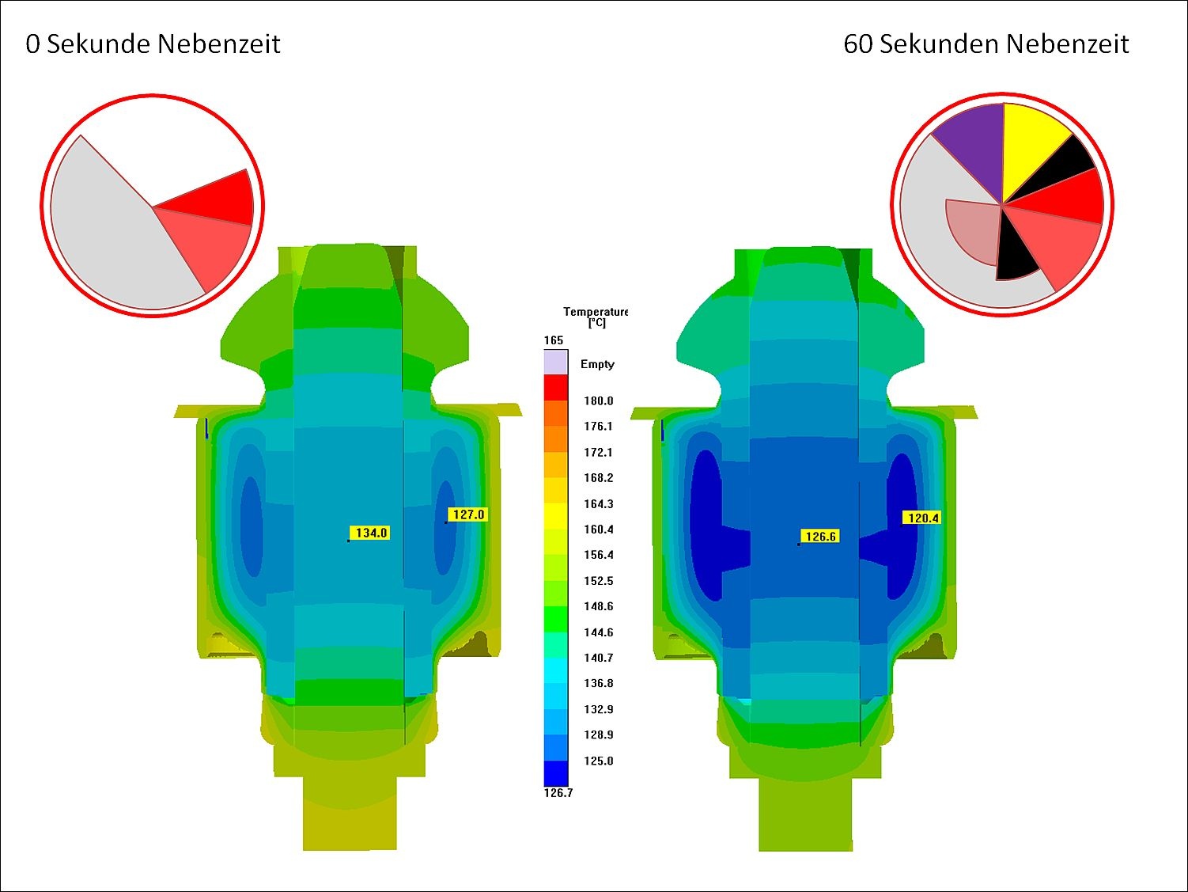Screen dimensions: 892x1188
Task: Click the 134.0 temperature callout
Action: (370, 533)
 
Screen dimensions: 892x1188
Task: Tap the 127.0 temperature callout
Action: (467, 514)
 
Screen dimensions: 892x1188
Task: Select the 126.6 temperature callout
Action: (819, 536)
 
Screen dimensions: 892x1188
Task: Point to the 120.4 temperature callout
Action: (922, 518)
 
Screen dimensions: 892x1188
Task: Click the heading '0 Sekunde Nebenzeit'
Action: (153, 44)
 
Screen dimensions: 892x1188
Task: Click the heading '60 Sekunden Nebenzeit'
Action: (986, 44)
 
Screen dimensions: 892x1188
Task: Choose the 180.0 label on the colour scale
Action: (598, 400)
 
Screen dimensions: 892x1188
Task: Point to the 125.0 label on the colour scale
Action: (598, 761)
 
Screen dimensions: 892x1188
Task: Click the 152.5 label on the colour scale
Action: (598, 581)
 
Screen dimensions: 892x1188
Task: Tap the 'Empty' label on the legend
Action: (597, 364)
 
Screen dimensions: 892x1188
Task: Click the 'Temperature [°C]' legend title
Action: (595, 317)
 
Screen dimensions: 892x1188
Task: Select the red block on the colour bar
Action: (555, 388)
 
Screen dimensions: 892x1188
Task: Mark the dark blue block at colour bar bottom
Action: (555, 772)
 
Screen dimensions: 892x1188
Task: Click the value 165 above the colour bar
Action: (554, 340)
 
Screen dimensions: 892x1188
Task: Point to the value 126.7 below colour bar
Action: (558, 793)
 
